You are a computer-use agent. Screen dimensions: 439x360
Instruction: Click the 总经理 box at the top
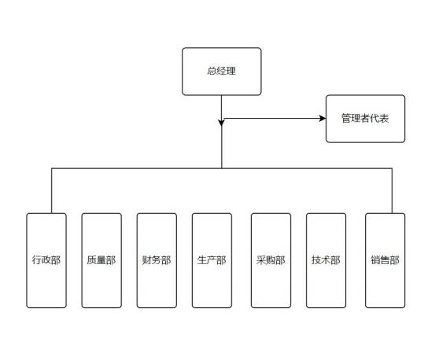[221, 72]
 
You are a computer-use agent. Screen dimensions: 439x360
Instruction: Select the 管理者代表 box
[365, 119]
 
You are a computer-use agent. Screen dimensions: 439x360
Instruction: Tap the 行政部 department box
[46, 260]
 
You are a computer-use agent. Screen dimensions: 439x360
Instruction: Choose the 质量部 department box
[101, 260]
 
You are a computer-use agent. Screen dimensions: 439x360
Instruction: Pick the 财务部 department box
[157, 260]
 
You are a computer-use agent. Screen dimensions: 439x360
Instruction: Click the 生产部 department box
[212, 260]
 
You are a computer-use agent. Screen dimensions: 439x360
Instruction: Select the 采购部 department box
[271, 260]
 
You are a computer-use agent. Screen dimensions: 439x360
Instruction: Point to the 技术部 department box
[326, 260]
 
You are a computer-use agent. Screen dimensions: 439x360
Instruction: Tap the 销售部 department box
[386, 260]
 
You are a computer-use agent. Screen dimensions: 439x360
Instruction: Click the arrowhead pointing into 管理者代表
[323, 119]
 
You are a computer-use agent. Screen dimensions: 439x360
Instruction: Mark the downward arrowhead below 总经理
[221, 123]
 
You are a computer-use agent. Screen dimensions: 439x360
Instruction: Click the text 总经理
[221, 71]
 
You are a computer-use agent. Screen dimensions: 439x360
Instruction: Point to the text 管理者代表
[365, 119]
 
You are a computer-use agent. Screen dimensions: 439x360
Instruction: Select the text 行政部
[46, 260]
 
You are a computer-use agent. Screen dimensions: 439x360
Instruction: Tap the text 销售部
[385, 260]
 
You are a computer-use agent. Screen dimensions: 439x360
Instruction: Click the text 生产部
[212, 260]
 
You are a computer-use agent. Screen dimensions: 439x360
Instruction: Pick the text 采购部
[271, 260]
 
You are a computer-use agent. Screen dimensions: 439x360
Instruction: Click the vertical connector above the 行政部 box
[51, 191]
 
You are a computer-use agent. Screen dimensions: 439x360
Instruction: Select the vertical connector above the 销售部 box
[392, 191]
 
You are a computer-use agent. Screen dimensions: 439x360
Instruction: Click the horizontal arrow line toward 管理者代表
[274, 119]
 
